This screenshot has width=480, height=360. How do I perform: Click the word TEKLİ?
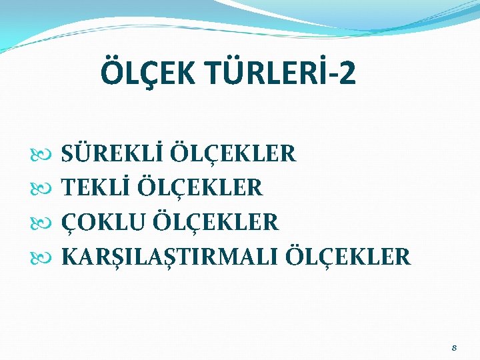(x=95, y=188)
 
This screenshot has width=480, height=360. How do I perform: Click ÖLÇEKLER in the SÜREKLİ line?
(x=233, y=153)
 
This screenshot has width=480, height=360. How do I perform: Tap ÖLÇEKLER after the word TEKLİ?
(x=200, y=188)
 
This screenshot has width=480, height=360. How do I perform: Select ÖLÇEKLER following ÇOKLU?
(x=215, y=222)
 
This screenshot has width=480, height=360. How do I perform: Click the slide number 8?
(x=454, y=348)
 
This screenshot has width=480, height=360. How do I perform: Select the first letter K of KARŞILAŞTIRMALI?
(x=70, y=257)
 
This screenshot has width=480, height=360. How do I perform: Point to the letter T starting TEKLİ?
(x=69, y=188)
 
